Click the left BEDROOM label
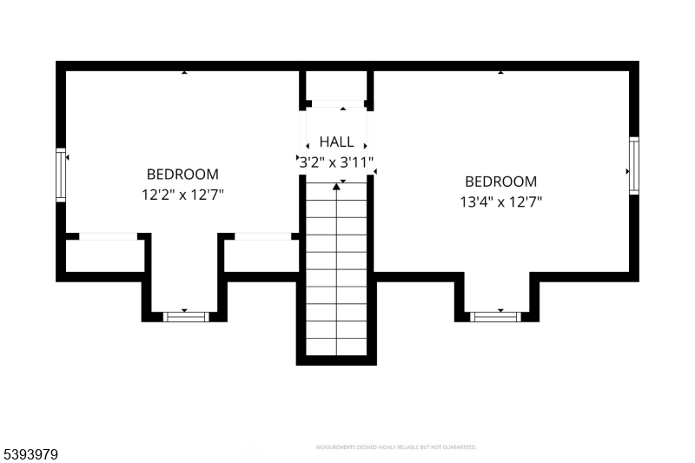(x=182, y=174)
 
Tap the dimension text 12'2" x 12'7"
(x=182, y=195)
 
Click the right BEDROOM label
(x=500, y=182)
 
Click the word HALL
(x=336, y=142)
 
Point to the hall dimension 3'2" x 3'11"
(x=336, y=162)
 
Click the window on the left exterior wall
(x=61, y=175)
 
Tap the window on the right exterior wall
(x=634, y=166)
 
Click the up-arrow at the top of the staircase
(x=336, y=187)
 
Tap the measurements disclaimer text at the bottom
(x=395, y=447)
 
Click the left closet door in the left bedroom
(x=108, y=236)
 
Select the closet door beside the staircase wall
(x=263, y=236)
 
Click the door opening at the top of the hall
(x=338, y=105)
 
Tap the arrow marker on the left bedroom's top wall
(x=184, y=73)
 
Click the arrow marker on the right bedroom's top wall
(x=500, y=73)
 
